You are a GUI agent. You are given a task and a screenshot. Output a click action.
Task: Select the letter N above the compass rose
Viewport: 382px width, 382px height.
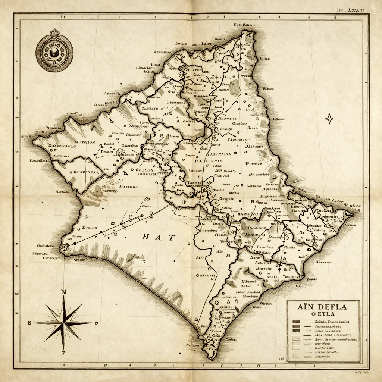[x=64, y=292]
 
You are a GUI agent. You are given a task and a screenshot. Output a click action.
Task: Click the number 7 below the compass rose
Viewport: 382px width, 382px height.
[x=63, y=353]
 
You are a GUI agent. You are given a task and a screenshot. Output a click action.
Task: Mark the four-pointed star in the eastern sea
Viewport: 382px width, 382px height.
[x=330, y=119]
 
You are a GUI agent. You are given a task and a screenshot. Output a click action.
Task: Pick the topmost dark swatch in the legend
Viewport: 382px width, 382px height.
[x=297, y=322]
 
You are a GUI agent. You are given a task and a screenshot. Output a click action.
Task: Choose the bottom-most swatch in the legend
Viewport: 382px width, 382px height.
[x=297, y=357]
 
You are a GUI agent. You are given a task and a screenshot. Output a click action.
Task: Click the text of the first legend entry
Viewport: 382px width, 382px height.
[x=332, y=322]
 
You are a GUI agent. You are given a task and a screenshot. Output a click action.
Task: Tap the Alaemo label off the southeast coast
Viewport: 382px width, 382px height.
[x=323, y=262]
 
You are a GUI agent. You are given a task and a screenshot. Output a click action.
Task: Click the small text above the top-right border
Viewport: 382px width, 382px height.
[x=351, y=10]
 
